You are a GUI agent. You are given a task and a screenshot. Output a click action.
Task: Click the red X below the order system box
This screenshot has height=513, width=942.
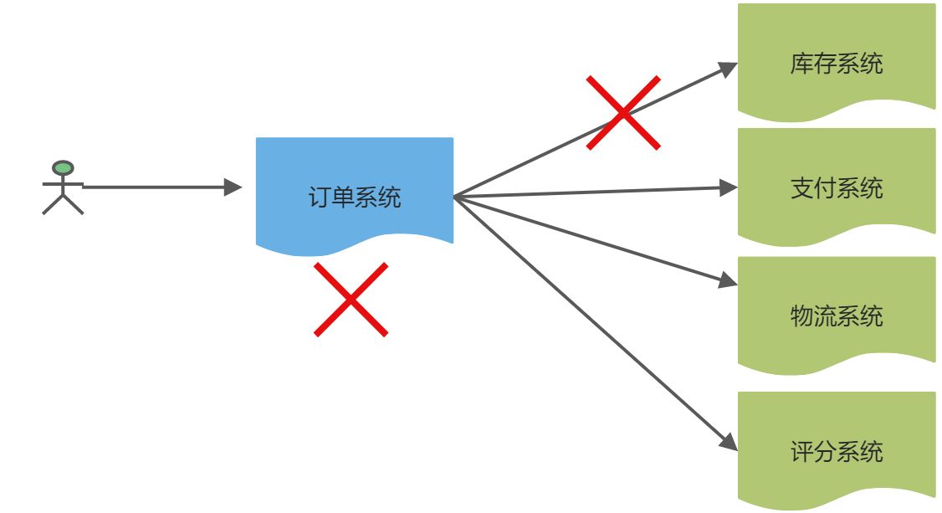click(x=351, y=300)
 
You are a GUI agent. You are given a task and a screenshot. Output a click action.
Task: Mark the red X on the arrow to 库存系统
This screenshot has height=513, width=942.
click(x=623, y=112)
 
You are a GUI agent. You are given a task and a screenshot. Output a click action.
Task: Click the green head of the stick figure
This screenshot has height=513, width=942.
click(x=63, y=168)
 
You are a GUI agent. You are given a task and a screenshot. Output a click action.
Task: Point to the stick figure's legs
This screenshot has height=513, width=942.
click(x=63, y=204)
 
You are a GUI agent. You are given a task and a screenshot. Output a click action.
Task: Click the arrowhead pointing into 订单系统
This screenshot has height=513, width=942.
click(x=233, y=187)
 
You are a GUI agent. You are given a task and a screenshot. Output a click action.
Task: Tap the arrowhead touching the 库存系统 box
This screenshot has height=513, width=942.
click(x=729, y=68)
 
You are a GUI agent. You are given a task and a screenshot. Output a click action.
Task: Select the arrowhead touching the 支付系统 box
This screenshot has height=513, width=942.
click(x=729, y=188)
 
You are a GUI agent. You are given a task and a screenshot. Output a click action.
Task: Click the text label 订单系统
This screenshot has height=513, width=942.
click(x=355, y=198)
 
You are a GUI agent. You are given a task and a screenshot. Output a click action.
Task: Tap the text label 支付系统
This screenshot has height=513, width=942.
click(x=836, y=188)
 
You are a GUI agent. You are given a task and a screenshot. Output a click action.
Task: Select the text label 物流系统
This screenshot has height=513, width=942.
click(x=836, y=316)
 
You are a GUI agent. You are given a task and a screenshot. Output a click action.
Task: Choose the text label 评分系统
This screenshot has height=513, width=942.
click(x=836, y=453)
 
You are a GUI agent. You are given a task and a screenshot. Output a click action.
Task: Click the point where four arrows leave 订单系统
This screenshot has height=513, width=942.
click(x=454, y=198)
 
